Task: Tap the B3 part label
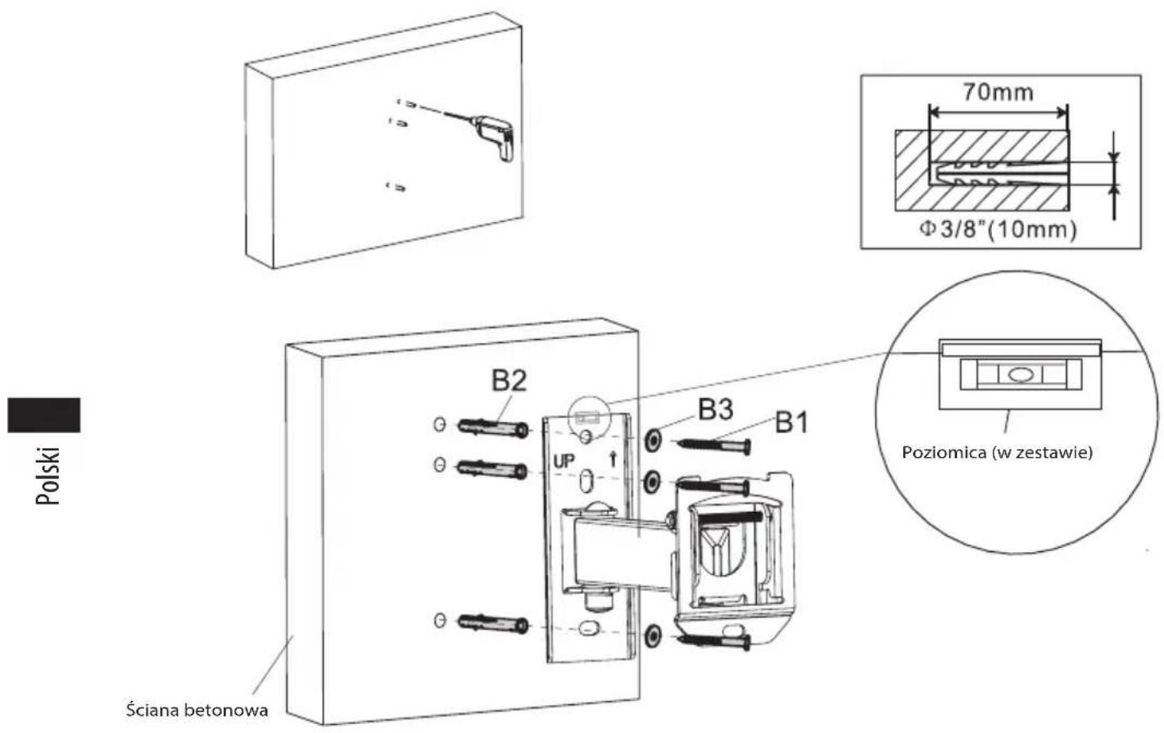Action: point(716,409)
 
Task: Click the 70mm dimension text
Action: point(999,92)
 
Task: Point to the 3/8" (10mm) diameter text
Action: point(999,229)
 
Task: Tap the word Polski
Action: point(48,476)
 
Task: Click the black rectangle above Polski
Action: point(43,414)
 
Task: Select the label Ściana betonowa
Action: point(197,709)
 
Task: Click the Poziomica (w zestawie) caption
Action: point(997,452)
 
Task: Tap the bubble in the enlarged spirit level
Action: point(1020,374)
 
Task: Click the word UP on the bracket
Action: point(564,461)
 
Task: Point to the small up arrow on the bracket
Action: point(614,459)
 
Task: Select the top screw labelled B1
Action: point(713,446)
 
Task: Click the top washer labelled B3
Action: point(653,441)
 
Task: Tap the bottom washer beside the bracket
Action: point(653,636)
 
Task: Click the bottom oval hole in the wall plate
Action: point(587,629)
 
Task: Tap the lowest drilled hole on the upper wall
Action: point(396,186)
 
